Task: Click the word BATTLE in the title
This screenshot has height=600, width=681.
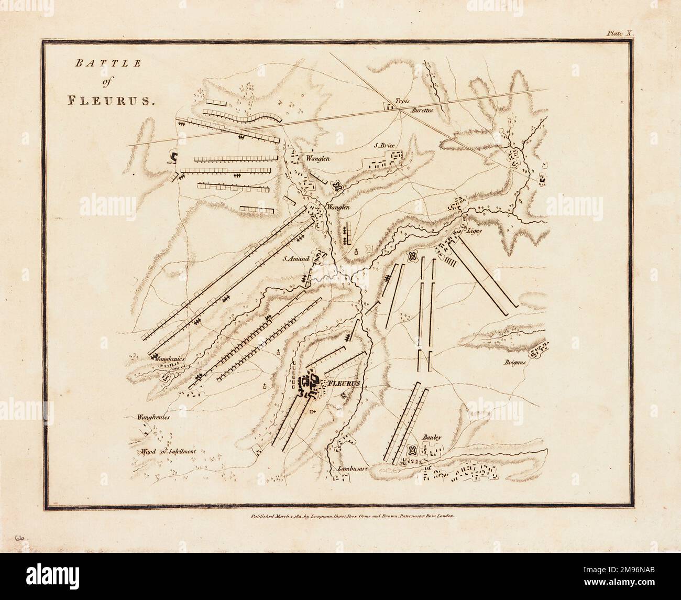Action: coord(94,64)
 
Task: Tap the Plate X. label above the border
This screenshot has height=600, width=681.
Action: coord(620,32)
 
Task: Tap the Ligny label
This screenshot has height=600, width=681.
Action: coord(474,230)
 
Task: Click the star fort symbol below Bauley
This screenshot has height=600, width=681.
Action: coord(412,450)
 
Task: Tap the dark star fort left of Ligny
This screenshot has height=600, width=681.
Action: coord(412,256)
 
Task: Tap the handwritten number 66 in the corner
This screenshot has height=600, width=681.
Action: coord(21,538)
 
